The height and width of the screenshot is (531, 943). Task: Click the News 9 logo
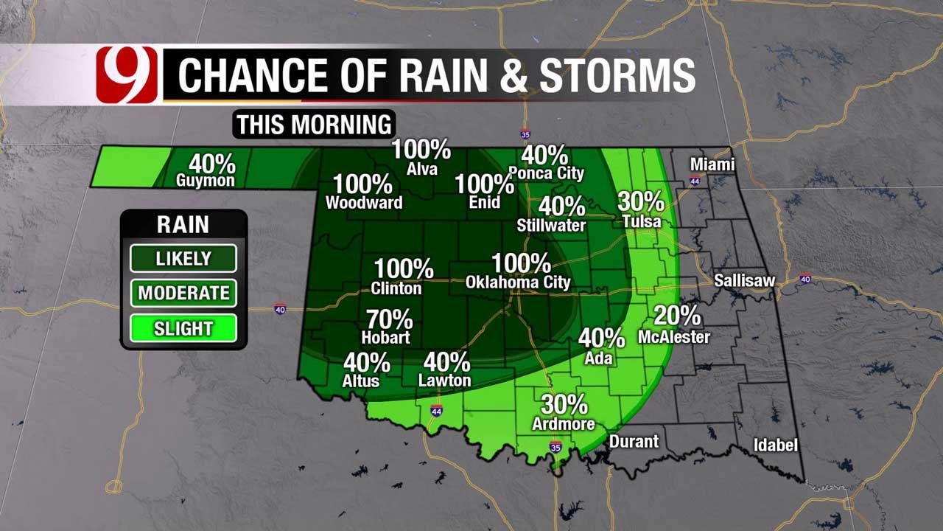(x=127, y=74)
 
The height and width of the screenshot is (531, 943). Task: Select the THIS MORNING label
(x=314, y=125)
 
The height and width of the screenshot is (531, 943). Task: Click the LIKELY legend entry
(x=183, y=259)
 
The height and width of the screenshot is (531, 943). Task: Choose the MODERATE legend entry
(x=183, y=293)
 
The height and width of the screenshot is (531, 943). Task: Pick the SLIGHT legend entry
(x=183, y=328)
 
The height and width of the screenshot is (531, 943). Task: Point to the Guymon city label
(x=206, y=181)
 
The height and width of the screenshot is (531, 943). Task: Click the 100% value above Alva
(x=421, y=150)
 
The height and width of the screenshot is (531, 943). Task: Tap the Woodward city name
(x=364, y=203)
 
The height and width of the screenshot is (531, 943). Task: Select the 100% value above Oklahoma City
(x=521, y=263)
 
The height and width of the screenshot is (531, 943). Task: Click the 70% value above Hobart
(x=390, y=320)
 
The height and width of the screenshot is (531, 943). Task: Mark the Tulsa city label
(x=641, y=221)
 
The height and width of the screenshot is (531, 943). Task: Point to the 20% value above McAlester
(x=677, y=316)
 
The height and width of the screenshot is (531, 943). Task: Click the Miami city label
(x=712, y=164)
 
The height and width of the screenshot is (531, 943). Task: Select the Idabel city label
(x=775, y=445)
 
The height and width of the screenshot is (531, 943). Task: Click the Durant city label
(x=634, y=442)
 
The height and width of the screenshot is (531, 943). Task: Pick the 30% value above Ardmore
(x=564, y=404)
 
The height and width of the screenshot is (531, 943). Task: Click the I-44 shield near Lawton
(x=437, y=411)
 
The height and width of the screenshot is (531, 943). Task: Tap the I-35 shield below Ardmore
(x=555, y=447)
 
